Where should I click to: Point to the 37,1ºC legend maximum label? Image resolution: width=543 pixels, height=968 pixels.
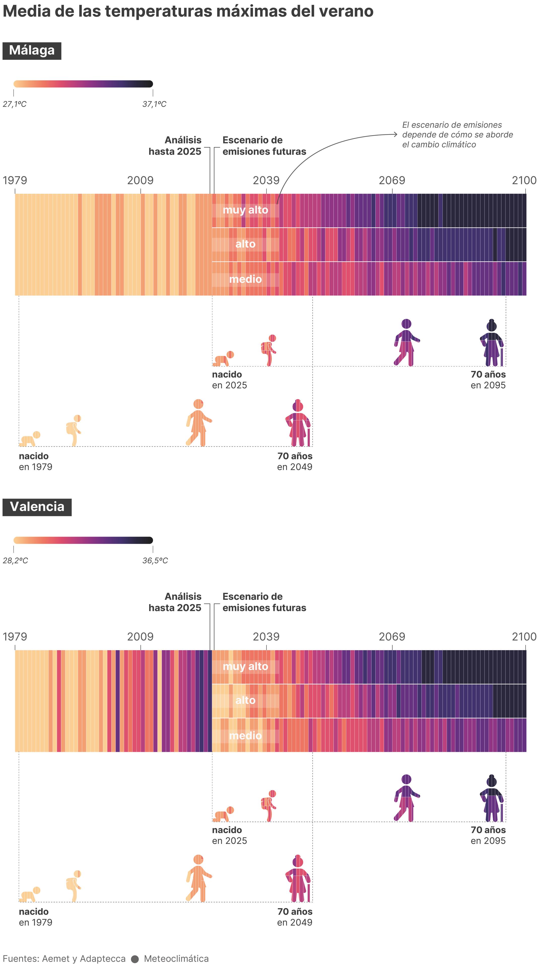[154, 104]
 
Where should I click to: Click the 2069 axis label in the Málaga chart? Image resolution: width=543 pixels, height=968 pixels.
[392, 180]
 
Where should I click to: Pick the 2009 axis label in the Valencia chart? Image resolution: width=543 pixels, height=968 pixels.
[140, 637]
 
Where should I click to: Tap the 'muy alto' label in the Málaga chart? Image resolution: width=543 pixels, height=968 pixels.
[245, 210]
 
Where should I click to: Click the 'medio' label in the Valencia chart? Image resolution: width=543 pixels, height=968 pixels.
[245, 735]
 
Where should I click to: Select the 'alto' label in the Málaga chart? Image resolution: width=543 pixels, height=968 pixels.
[245, 244]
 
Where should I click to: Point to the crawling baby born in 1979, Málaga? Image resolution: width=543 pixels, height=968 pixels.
[30, 439]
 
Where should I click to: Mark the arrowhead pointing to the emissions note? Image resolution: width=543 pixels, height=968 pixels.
[395, 134]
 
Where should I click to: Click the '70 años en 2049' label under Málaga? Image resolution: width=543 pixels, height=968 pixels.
[295, 461]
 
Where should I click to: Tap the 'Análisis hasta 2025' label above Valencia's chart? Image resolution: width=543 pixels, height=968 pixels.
[175, 602]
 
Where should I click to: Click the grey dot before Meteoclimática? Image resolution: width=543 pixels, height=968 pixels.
[135, 959]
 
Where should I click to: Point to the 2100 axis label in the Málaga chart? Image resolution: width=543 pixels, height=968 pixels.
[524, 180]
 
